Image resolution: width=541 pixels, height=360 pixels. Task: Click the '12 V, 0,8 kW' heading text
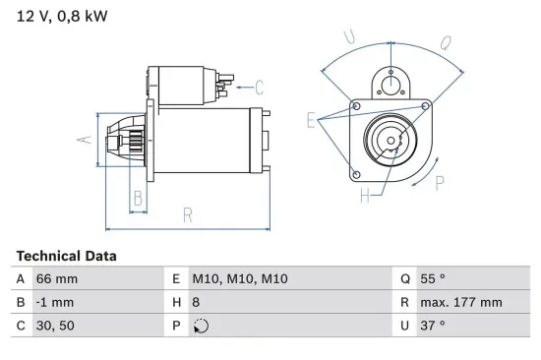61,15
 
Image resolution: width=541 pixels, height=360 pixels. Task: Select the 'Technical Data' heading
66,256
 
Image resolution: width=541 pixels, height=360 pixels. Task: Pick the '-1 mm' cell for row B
54,302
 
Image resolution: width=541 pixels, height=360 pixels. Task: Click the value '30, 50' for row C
55,325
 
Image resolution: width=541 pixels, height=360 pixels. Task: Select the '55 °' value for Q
433,279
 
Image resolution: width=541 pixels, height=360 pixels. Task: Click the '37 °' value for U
433,325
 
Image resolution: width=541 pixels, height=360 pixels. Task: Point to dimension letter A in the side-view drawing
85,140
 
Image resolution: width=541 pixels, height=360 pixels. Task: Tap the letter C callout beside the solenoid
261,86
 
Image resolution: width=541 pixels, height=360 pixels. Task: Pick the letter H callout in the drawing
364,196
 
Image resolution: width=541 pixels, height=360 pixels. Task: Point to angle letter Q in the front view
445,42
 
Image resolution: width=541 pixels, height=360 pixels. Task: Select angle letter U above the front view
348,36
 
